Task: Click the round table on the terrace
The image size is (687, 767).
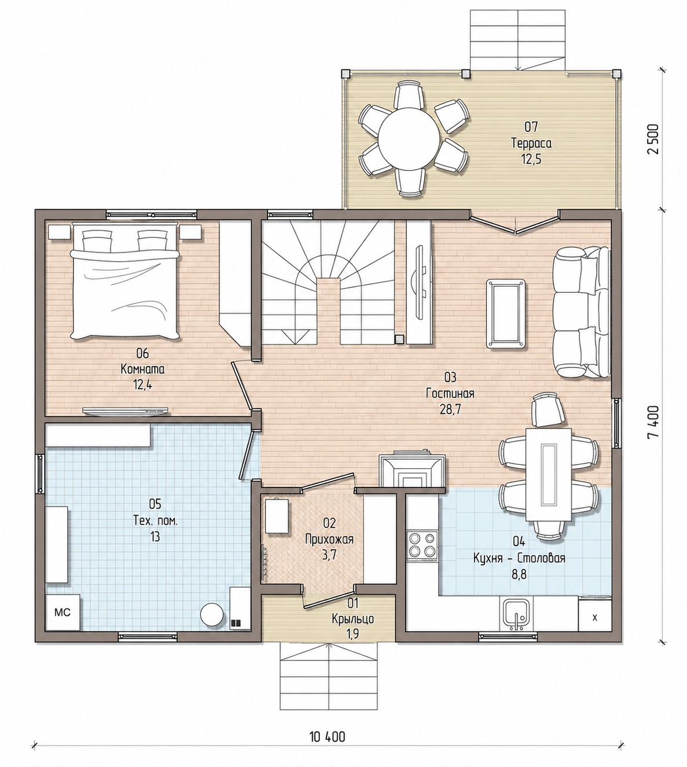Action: [409, 138]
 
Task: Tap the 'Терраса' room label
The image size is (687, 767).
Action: [531, 144]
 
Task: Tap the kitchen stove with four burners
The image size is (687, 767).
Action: [422, 545]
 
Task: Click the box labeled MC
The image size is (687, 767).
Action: [63, 612]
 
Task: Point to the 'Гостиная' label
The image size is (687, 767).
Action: [450, 394]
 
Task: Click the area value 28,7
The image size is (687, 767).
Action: [450, 410]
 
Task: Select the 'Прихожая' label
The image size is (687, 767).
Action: [329, 539]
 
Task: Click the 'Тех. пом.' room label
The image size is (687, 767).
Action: [155, 521]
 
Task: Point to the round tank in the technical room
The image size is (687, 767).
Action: [212, 615]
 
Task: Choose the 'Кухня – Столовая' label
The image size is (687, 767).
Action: [519, 559]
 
